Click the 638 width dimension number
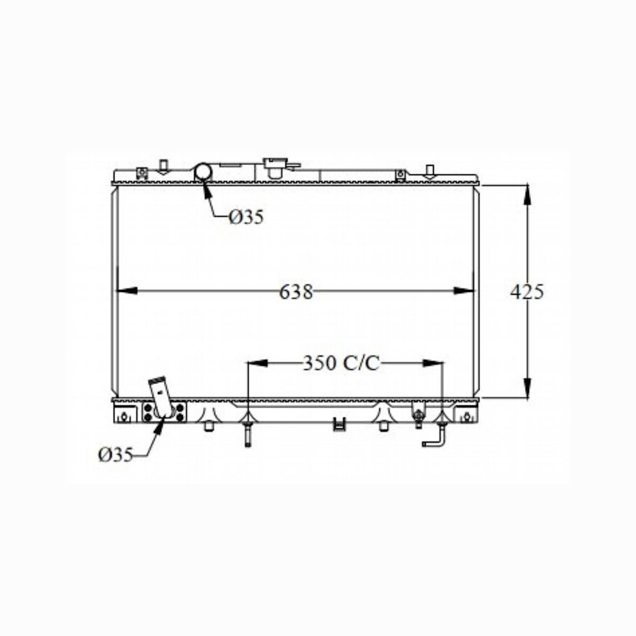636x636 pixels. (296, 291)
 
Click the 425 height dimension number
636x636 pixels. (527, 291)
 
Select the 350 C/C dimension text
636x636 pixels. (341, 363)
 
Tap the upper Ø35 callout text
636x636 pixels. (246, 217)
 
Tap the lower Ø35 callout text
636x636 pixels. (115, 455)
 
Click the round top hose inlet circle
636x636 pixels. (204, 172)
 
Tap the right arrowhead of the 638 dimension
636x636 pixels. (463, 290)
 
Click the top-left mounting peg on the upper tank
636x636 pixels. (164, 166)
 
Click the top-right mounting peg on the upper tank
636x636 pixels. (430, 170)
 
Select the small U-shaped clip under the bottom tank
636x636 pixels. (338, 423)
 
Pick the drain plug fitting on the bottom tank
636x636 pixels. (419, 418)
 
